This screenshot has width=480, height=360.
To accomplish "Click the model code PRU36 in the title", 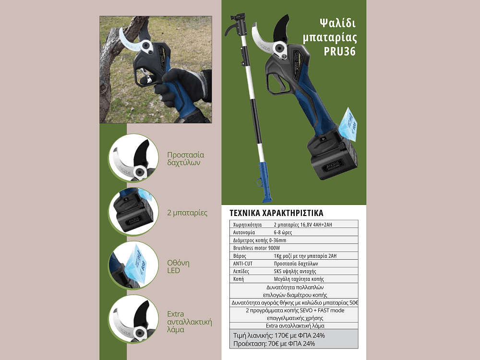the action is (339, 51).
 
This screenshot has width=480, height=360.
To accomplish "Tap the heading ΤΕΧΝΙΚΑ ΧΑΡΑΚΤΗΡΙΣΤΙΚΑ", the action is (276, 213).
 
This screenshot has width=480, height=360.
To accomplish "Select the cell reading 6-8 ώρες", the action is (283, 232).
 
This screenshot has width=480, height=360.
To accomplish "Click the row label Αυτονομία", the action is (244, 232).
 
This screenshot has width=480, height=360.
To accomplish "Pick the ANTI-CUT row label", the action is (243, 263).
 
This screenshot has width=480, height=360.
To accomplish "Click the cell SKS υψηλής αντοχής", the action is (295, 271).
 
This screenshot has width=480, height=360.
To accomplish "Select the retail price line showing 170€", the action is (279, 335).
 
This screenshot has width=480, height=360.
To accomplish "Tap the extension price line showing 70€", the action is (274, 344).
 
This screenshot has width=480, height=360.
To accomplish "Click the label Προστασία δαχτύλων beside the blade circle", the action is (185, 158).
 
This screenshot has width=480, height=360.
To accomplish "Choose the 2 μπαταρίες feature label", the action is (187, 213).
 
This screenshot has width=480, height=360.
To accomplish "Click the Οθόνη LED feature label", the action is (178, 266).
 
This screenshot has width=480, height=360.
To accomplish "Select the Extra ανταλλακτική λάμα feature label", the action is (190, 322).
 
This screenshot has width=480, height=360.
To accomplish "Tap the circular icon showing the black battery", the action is (133, 212).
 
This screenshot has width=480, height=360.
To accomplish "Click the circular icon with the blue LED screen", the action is (133, 265).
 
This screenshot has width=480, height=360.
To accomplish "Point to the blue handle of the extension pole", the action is (263, 182).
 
